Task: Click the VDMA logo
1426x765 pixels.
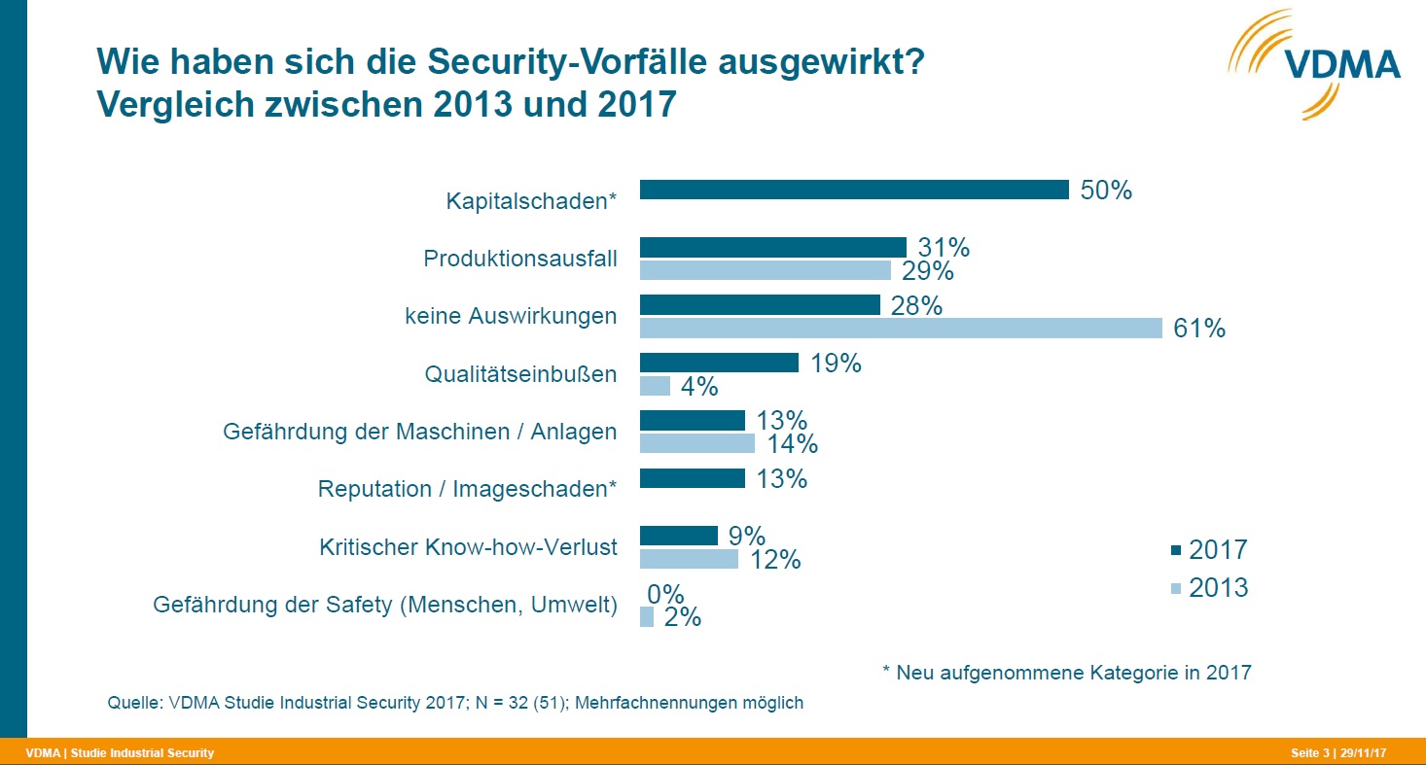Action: pos(1313,63)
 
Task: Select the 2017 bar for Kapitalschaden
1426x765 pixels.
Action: pos(853,191)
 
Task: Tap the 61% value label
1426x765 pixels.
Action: pos(1199,329)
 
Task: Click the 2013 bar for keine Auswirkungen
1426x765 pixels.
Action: pos(900,329)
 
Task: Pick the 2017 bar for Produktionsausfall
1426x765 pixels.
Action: pos(772,248)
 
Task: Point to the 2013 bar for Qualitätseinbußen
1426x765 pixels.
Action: pos(655,386)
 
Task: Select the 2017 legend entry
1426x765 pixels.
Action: pos(1209,550)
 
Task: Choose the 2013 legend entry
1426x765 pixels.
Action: pos(1209,588)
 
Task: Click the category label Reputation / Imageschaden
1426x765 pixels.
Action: pos(467,489)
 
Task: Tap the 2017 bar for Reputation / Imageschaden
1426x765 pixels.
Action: pos(692,478)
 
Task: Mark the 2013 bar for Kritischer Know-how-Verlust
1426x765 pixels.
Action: pos(689,559)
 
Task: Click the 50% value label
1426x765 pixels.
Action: pos(1106,191)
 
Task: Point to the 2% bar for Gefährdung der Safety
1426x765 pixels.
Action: pos(647,616)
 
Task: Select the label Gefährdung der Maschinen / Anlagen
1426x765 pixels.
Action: pos(419,432)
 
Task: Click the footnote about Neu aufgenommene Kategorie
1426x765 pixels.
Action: pos(1066,673)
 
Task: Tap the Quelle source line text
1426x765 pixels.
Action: pos(455,702)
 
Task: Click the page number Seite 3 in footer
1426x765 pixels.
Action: pos(1309,753)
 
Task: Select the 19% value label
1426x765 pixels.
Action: pos(836,364)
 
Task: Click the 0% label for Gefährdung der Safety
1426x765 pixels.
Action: pos(666,594)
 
